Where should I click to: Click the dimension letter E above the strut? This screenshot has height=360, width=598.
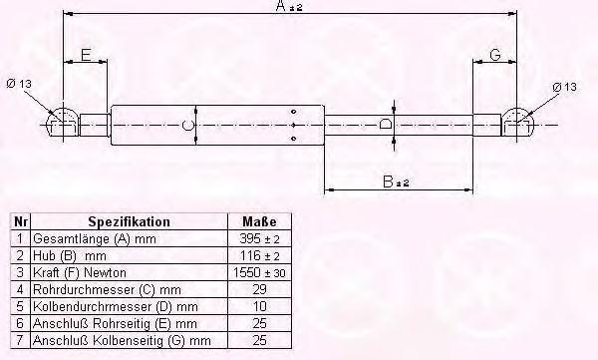click(x=86, y=55)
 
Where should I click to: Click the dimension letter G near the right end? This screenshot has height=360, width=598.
click(x=495, y=55)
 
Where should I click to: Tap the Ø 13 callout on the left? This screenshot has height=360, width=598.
click(x=19, y=83)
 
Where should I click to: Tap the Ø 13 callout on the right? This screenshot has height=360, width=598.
click(x=565, y=87)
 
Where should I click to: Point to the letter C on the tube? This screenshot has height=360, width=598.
click(x=188, y=125)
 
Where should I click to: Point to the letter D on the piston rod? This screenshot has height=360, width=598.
click(x=386, y=124)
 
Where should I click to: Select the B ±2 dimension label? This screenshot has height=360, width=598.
click(x=396, y=181)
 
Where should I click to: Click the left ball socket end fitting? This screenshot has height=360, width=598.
click(x=62, y=124)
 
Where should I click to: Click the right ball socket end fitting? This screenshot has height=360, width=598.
click(x=517, y=123)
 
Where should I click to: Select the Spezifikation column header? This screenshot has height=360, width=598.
click(x=129, y=221)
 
